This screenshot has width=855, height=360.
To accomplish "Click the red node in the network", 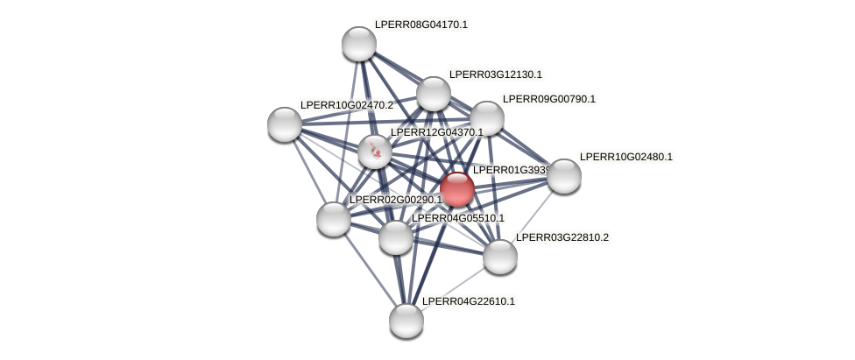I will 456,188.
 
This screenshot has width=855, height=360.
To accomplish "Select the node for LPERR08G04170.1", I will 358,44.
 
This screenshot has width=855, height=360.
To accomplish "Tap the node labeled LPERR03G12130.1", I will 433,94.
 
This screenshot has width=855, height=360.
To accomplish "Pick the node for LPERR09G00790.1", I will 487,118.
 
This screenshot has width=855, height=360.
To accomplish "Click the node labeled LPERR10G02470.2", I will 285,124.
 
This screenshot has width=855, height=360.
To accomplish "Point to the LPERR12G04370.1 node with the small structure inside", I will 375,152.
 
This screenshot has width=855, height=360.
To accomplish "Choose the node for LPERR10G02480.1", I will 564,176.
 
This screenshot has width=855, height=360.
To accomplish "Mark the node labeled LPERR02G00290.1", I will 334,218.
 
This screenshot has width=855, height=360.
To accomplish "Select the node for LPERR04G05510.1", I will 396,236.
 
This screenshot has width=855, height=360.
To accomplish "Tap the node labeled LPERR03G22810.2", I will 500,256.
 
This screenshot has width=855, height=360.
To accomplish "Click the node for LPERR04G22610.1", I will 406,320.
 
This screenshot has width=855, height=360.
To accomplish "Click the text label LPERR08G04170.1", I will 421,25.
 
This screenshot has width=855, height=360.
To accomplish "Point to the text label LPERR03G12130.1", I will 496,74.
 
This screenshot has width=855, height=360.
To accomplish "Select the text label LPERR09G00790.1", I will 549,99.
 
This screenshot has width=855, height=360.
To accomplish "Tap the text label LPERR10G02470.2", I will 347,105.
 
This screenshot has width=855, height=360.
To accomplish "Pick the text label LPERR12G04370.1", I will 437,132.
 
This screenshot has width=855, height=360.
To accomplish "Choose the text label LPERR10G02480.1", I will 626,157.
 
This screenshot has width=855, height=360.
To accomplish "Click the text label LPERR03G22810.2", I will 562,237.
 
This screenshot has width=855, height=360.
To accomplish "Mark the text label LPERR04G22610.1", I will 469,301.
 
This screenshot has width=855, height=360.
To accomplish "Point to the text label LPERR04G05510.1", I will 458,218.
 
